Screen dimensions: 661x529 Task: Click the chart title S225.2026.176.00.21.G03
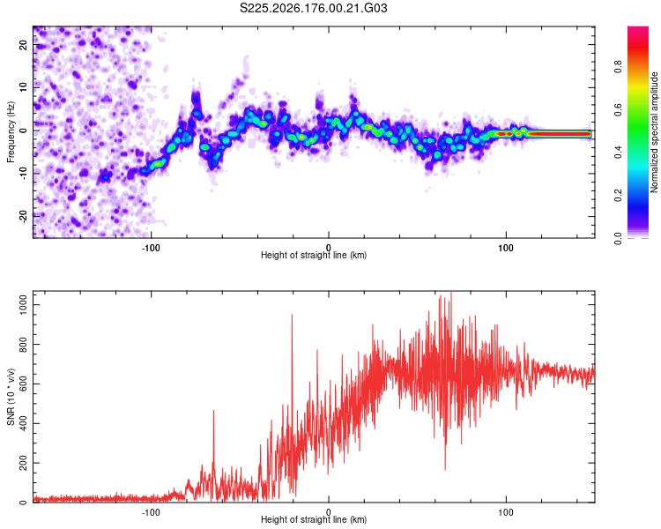click(313, 8)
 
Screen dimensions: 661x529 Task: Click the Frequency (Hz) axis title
click(11, 132)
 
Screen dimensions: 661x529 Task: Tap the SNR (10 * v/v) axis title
click(11, 397)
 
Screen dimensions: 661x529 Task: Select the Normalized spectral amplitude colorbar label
click(654, 132)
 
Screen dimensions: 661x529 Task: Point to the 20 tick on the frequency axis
click(23, 44)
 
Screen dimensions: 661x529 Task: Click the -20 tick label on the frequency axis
click(23, 216)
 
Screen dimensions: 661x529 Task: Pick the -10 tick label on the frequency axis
click(23, 174)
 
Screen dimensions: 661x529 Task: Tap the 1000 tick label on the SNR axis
click(23, 304)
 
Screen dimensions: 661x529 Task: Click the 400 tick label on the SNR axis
click(23, 423)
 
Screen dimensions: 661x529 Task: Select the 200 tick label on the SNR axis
click(23, 463)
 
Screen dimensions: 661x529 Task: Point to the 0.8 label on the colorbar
click(618, 67)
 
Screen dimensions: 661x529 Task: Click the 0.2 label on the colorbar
click(618, 196)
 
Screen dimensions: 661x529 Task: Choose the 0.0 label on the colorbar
click(618, 238)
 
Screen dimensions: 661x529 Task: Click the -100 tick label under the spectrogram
click(151, 248)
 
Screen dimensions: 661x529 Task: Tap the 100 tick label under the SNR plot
click(506, 512)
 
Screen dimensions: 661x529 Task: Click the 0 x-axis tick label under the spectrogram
click(329, 248)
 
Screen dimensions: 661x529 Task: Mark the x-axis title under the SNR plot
click(314, 519)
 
